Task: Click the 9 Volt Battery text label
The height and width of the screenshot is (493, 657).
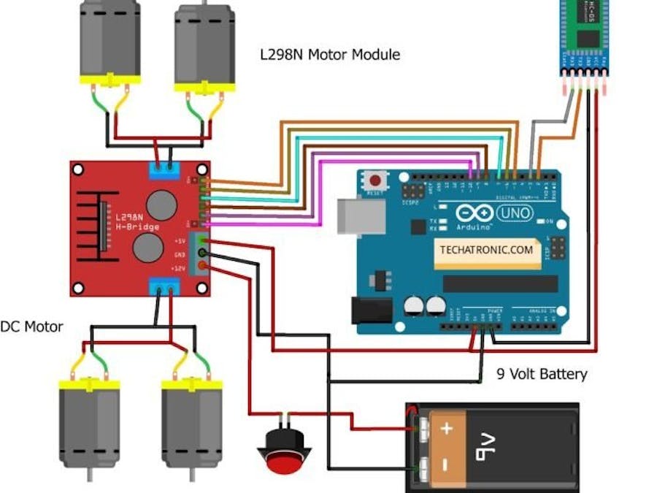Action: click(x=542, y=374)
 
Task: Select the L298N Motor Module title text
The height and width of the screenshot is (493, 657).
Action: click(x=330, y=54)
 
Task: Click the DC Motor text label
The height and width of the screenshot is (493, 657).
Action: click(x=31, y=326)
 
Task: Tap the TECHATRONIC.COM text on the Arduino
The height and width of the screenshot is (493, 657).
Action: click(x=486, y=249)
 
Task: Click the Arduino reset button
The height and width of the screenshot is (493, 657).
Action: click(x=376, y=179)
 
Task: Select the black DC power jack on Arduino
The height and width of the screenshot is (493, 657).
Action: click(x=372, y=310)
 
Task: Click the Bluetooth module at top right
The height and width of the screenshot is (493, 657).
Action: click(x=585, y=37)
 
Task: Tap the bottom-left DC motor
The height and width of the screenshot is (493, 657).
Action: click(x=89, y=424)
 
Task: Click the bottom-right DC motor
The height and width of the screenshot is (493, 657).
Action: click(x=191, y=424)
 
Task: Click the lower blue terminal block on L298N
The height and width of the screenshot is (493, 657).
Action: click(x=164, y=287)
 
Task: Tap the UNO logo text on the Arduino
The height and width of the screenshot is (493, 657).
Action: click(x=515, y=213)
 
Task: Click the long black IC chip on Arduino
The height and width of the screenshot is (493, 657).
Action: click(x=501, y=283)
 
